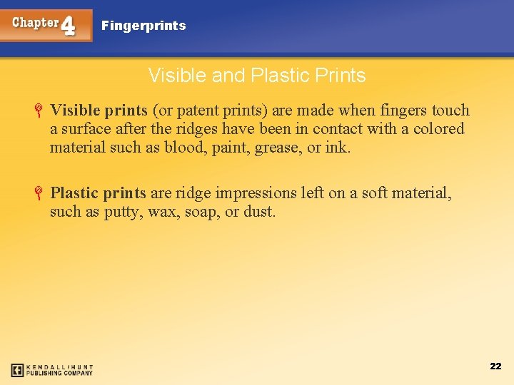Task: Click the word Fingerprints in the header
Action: [143, 26]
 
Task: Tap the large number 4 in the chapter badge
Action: [69, 26]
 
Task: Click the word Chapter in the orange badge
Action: [35, 22]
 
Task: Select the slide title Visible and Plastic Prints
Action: [257, 76]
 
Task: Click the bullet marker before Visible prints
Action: [41, 111]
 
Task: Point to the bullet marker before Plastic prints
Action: [41, 193]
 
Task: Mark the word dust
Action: [259, 212]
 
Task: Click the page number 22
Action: [495, 366]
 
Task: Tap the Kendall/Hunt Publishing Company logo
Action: [51, 370]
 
